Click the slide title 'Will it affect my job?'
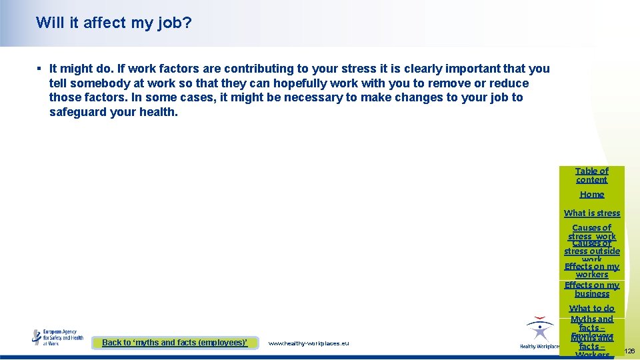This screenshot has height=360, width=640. (x=114, y=23)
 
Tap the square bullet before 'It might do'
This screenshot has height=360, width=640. (x=39, y=69)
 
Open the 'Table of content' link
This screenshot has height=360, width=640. (x=592, y=175)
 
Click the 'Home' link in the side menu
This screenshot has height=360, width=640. (x=592, y=195)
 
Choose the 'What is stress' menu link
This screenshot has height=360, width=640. (x=592, y=213)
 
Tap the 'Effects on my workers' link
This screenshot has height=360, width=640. (x=592, y=271)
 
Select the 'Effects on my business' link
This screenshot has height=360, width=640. (x=592, y=289)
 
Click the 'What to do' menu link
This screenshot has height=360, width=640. (x=592, y=309)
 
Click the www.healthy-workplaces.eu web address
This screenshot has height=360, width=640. (x=308, y=343)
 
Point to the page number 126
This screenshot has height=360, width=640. (x=630, y=351)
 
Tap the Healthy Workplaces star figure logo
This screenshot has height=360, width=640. (x=539, y=331)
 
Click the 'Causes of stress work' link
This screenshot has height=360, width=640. (x=592, y=232)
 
